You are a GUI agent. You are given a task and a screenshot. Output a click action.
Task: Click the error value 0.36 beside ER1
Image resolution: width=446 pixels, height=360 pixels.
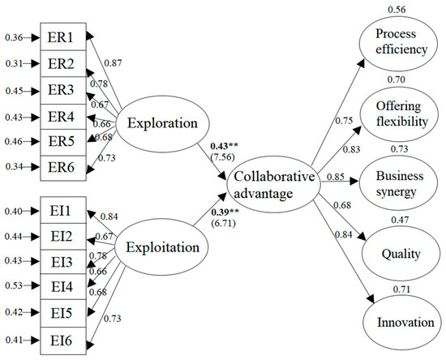click(x=13, y=36)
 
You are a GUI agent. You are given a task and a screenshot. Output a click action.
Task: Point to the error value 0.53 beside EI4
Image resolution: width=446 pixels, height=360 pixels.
click(x=13, y=285)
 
